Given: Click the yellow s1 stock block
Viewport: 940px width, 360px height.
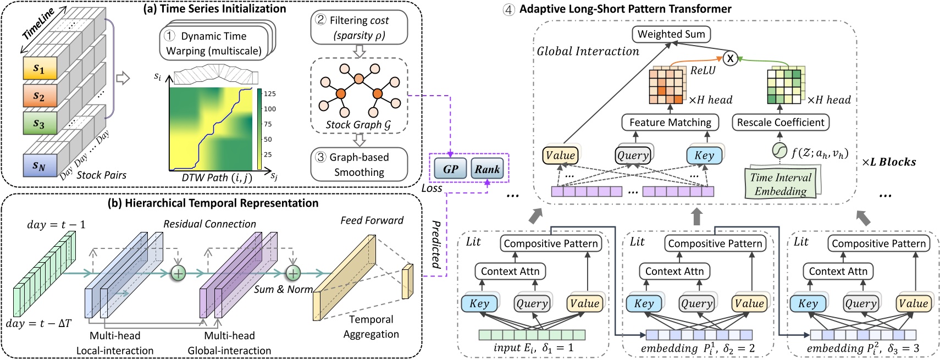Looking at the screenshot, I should tap(40, 69).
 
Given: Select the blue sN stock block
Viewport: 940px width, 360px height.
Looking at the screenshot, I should tap(40, 165).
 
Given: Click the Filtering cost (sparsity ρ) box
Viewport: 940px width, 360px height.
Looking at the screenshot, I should tap(359, 27).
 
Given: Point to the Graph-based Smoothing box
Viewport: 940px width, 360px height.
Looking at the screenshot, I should tap(359, 164).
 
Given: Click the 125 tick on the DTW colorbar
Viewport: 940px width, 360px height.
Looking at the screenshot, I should tap(269, 94).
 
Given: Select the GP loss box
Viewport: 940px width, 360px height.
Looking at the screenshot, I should tap(450, 169).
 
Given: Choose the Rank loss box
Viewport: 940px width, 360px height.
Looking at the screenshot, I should tap(487, 169).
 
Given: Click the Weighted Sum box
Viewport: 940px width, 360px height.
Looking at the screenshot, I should tap(671, 34).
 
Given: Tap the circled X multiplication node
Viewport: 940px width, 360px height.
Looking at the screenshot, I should tap(729, 58).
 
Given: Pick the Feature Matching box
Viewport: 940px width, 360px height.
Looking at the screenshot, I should tap(670, 122).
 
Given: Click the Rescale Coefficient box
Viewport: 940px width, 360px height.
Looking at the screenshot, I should tap(780, 122).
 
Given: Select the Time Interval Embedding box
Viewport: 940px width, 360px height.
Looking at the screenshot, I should tap(781, 184).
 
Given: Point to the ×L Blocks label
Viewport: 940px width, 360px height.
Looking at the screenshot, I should tap(888, 162).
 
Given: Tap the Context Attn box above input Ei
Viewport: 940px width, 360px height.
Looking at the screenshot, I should tap(510, 271).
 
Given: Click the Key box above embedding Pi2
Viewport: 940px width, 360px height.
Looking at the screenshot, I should tap(808, 303).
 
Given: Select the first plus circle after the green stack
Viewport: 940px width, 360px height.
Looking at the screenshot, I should tap(179, 273).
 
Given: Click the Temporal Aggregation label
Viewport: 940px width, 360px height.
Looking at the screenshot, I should tap(371, 326).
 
